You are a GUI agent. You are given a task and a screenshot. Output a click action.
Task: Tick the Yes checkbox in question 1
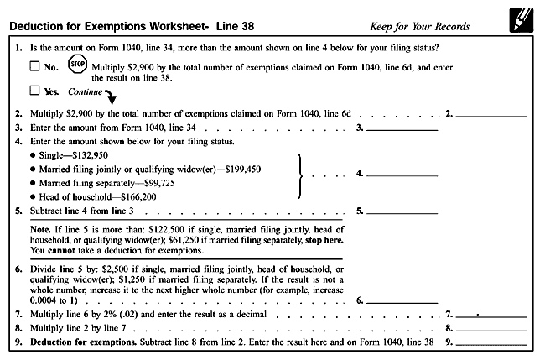pyautogui.click(x=35, y=91)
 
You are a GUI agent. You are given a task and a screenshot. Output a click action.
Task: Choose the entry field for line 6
pyautogui.click(x=402, y=300)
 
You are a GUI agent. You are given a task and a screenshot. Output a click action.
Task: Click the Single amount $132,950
pyautogui.click(x=101, y=155)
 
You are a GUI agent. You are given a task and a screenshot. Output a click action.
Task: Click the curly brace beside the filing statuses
pyautogui.click(x=300, y=175)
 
